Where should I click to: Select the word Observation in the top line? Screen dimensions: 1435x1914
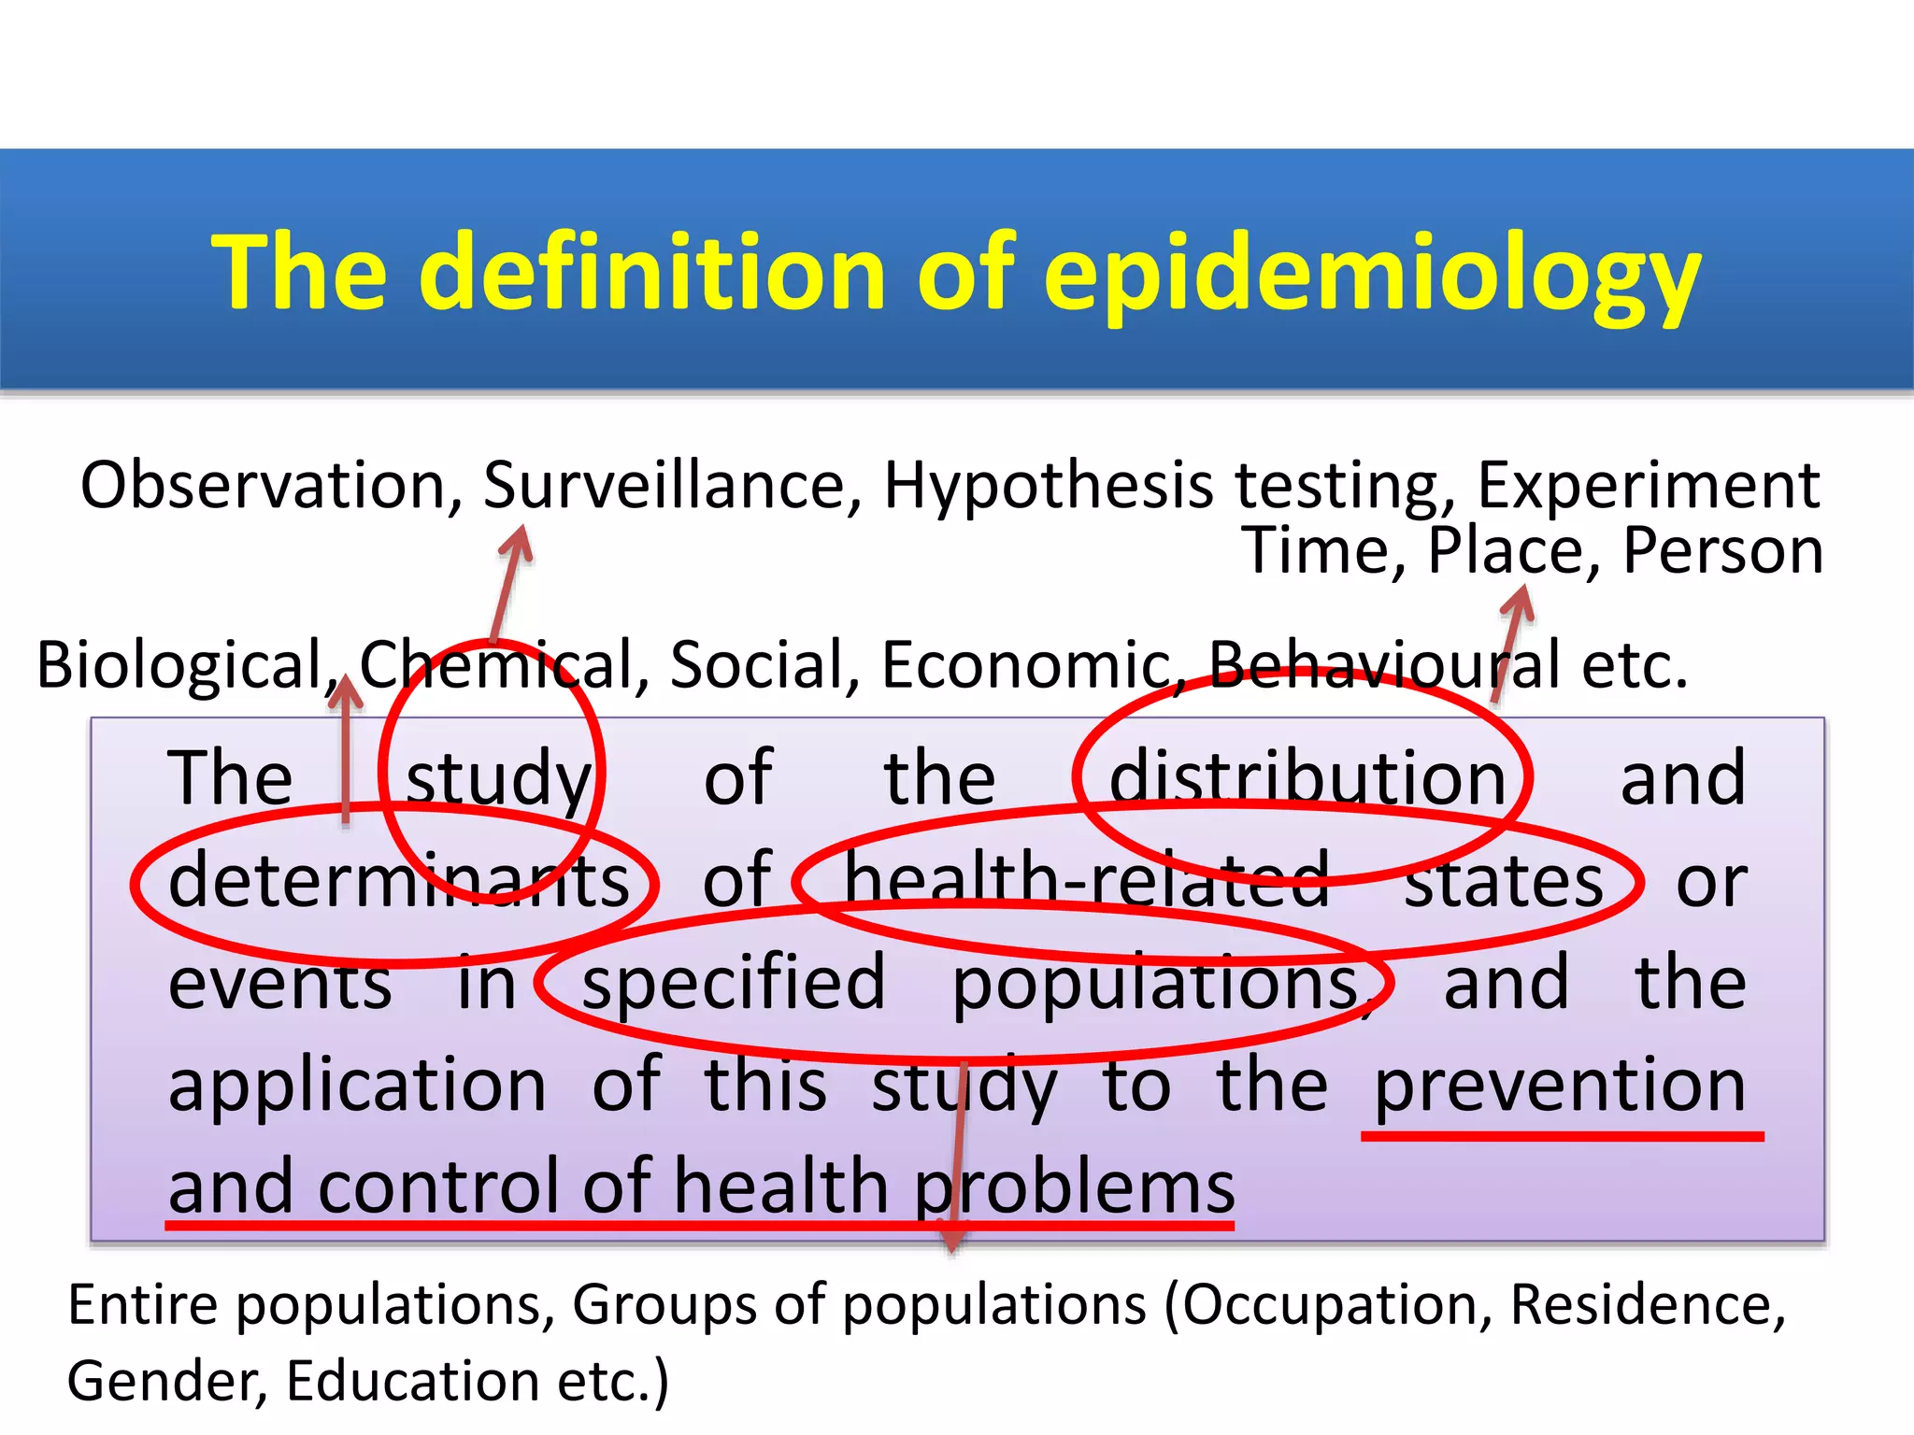pos(271,486)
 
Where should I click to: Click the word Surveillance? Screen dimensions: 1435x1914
pos(673,486)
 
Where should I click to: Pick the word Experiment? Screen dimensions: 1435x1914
pos(1649,486)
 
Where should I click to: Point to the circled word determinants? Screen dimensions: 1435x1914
pos(398,881)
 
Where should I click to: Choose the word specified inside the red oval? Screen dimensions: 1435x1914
pos(734,983)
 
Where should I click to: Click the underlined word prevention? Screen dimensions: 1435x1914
pos(1560,1086)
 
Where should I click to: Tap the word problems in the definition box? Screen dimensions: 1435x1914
pos(1075,1187)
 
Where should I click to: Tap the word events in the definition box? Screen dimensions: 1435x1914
pos(280,985)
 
